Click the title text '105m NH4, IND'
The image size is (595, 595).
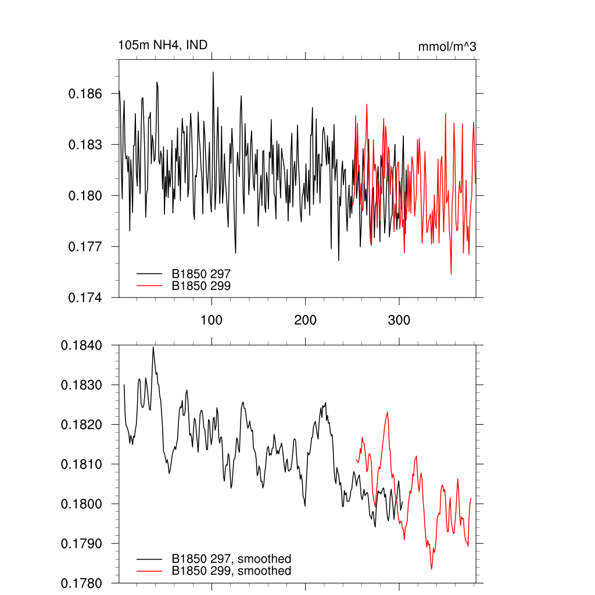pyautogui.click(x=163, y=45)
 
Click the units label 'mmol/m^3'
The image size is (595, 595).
pyautogui.click(x=447, y=46)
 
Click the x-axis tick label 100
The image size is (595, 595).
pyautogui.click(x=212, y=320)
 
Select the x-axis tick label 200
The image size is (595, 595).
pyautogui.click(x=305, y=320)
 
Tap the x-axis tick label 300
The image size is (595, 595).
pyautogui.click(x=399, y=320)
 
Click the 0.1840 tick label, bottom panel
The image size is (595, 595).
pyautogui.click(x=82, y=346)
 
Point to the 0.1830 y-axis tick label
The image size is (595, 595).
pyautogui.click(x=82, y=385)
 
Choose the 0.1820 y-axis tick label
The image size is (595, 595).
pyautogui.click(x=82, y=425)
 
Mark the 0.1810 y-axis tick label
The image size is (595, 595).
pyautogui.click(x=82, y=464)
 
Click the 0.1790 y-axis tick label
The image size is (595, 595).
pyautogui.click(x=82, y=543)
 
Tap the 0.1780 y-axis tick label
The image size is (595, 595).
pyautogui.click(x=82, y=583)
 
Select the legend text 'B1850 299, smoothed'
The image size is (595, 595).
pyautogui.click(x=231, y=571)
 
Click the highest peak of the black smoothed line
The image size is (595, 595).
pyautogui.click(x=153, y=347)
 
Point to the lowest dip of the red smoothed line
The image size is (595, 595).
pyautogui.click(x=431, y=569)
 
